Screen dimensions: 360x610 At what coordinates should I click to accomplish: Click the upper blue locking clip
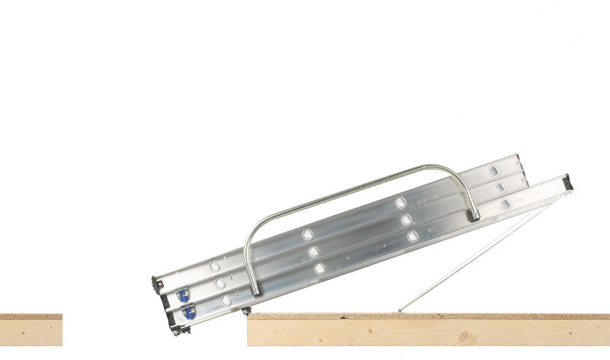[x=183, y=294]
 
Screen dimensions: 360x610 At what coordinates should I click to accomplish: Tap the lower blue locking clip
[x=188, y=311]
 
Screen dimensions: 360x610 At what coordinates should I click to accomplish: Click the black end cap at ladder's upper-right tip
[x=567, y=182]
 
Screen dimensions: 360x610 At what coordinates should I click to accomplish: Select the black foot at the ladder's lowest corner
[x=176, y=330]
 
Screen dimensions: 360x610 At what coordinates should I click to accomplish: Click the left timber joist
[x=30, y=333]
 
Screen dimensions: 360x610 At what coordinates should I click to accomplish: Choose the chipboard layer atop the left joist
[x=30, y=316]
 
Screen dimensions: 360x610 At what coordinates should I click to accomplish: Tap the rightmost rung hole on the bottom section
[x=505, y=204]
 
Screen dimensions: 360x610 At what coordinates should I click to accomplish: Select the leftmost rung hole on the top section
[x=214, y=266]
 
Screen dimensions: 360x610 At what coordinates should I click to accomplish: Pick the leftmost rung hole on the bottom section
[x=226, y=301]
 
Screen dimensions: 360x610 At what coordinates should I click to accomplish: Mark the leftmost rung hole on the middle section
[x=220, y=283]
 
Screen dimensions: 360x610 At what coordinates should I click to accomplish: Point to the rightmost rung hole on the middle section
[x=499, y=187]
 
